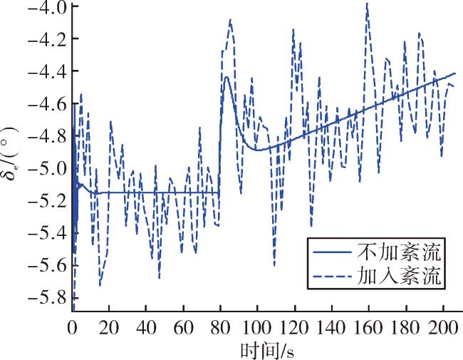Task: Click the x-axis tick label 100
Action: coord(257,328)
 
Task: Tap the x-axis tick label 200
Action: coord(443,328)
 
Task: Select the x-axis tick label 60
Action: coord(183,328)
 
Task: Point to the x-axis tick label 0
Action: coord(72,328)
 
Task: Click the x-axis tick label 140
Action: coord(332,328)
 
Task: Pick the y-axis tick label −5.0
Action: coord(47,168)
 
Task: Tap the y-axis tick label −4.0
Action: coord(47,6)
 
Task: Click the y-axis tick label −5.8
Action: coord(47,298)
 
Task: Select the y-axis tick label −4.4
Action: coord(47,71)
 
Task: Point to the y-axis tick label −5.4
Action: coord(47,233)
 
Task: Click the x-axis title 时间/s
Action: coord(267,351)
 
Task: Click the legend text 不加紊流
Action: coord(399,252)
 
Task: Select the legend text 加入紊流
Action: coord(399,277)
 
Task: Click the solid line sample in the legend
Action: coord(332,252)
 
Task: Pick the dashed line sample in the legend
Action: coord(332,277)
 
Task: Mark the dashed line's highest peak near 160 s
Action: coord(367,4)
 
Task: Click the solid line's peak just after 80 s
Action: coord(227,77)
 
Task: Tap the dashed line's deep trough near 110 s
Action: coord(274,265)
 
